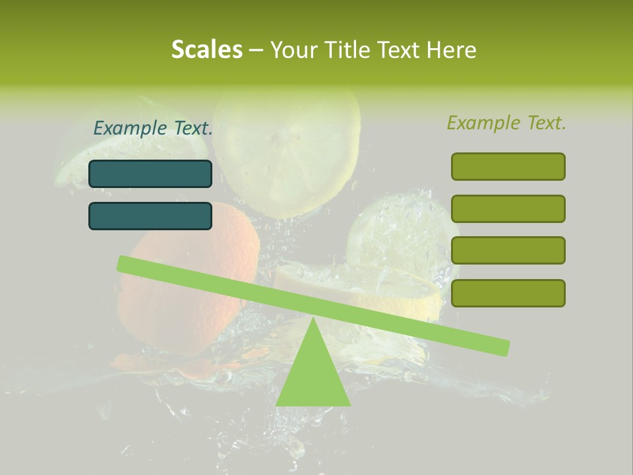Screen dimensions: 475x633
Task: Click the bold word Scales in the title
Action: click(207, 49)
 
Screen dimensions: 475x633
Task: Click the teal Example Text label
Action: click(153, 128)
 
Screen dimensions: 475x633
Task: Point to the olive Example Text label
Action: click(506, 123)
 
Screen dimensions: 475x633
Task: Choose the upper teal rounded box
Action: click(150, 174)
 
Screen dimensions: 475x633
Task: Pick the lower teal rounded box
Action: click(150, 216)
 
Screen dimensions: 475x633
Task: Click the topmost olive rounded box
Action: click(508, 166)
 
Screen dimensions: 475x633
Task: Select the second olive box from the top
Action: click(508, 208)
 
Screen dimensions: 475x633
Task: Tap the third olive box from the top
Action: click(508, 250)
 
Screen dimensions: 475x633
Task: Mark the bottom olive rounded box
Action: click(508, 293)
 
